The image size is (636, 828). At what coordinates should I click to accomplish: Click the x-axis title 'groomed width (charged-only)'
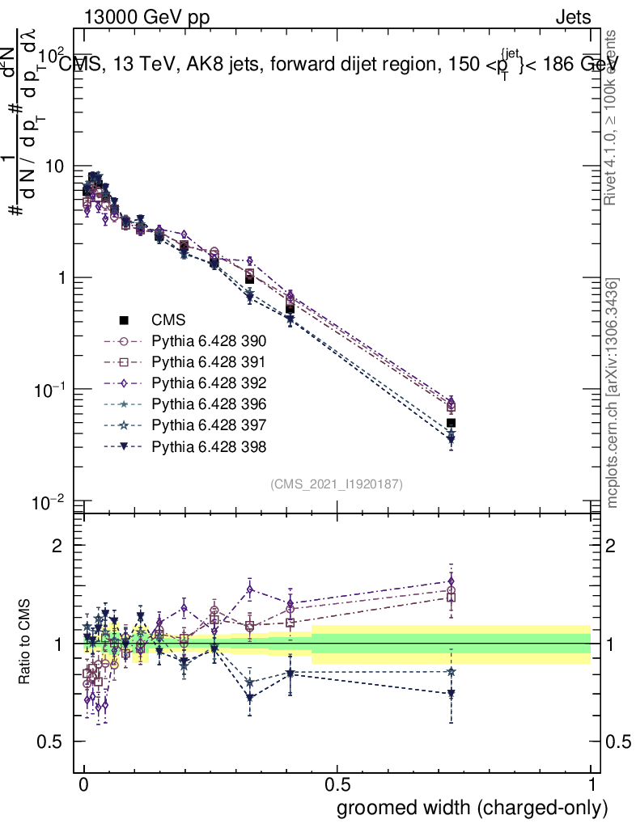click(472, 808)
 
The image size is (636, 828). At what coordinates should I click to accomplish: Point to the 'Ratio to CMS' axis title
click(25, 643)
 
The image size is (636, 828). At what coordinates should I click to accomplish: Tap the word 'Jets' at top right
click(572, 18)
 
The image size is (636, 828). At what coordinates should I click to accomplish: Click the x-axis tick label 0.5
click(337, 785)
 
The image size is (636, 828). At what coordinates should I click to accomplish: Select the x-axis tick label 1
click(591, 785)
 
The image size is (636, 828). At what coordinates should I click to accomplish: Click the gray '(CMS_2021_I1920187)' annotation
click(336, 484)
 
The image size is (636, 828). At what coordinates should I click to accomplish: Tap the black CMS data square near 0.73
click(451, 423)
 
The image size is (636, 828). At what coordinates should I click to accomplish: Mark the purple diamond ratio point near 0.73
click(451, 581)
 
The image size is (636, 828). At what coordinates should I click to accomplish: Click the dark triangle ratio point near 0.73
click(451, 694)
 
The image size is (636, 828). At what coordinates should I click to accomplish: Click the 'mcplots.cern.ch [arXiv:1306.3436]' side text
click(613, 393)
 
